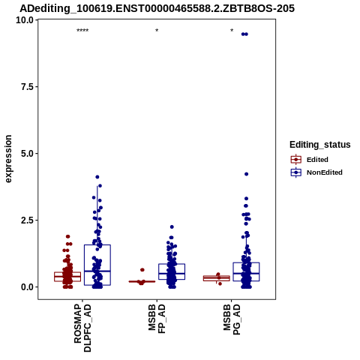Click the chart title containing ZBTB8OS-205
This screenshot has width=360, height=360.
(157, 8)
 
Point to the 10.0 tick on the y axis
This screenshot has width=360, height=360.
(25, 20)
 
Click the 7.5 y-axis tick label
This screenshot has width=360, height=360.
(28, 87)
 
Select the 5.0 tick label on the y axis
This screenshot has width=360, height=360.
(28, 154)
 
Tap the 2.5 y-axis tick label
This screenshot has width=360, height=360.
(28, 220)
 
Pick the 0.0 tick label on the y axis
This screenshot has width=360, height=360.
(28, 287)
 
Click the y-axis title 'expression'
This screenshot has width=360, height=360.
(8, 159)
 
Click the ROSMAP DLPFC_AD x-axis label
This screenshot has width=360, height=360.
(82, 328)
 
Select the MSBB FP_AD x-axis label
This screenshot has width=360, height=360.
(157, 319)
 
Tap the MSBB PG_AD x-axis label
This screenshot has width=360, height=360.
(232, 319)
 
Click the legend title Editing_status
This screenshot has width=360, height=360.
(320, 145)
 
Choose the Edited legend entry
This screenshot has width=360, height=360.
(310, 160)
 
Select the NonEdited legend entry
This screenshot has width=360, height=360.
(316, 172)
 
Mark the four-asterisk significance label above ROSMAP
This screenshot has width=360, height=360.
(82, 31)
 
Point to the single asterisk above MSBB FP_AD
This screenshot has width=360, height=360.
(157, 31)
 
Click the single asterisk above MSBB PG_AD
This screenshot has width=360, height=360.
(232, 31)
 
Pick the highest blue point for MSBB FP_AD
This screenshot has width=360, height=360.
(172, 227)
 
